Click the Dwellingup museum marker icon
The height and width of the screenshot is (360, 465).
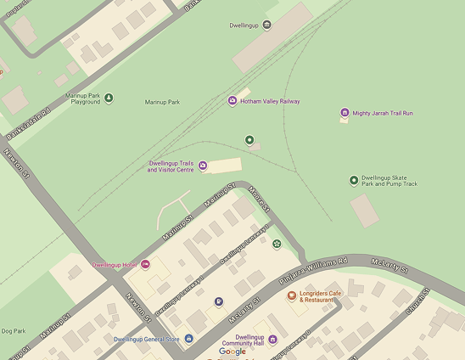pyautogui.click(x=267, y=25)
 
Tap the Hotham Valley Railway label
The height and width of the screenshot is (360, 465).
pyautogui.click(x=270, y=102)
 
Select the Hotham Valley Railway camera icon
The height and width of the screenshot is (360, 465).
pyautogui.click(x=232, y=102)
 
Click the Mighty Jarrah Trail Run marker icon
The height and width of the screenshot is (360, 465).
pyautogui.click(x=345, y=113)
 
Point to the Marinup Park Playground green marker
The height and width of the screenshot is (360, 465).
pyautogui.click(x=109, y=98)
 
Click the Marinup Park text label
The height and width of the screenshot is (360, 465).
pyautogui.click(x=162, y=102)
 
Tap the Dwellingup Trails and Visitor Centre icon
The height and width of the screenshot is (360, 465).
pyautogui.click(x=203, y=166)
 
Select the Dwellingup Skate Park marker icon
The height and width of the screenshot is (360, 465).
pyautogui.click(x=354, y=180)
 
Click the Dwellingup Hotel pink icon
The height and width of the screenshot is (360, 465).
pyautogui.click(x=145, y=265)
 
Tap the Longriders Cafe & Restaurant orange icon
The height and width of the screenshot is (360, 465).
pyautogui.click(x=292, y=295)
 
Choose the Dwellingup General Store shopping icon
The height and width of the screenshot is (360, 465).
pyautogui.click(x=188, y=339)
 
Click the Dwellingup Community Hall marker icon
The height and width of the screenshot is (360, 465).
pyautogui.click(x=272, y=340)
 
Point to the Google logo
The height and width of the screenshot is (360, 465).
pyautogui.click(x=232, y=352)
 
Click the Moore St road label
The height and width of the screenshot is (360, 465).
pyautogui.click(x=260, y=202)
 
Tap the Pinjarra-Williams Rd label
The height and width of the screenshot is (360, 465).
pyautogui.click(x=313, y=270)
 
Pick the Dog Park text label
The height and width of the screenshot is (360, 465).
pyautogui.click(x=13, y=331)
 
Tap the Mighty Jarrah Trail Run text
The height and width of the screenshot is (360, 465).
pyautogui.click(x=383, y=113)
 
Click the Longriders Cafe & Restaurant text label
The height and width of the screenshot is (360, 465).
pyautogui.click(x=322, y=296)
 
